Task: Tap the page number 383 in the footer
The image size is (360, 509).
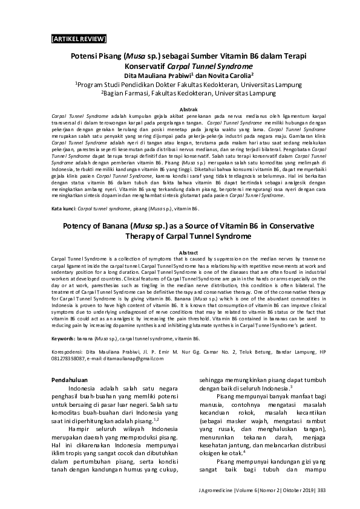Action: pyautogui.click(x=321, y=489)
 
